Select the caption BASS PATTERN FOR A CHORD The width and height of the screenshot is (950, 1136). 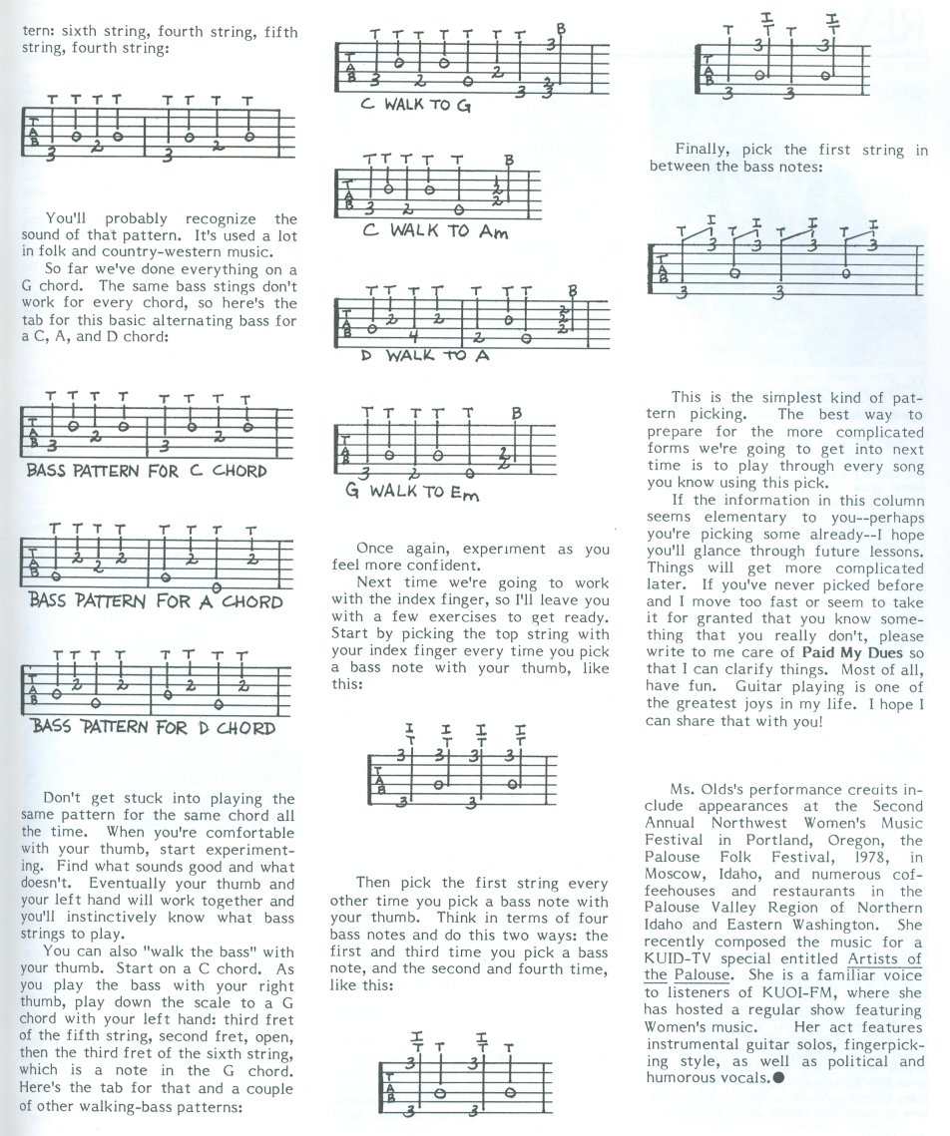point(156,601)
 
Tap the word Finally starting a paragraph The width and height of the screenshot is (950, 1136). point(704,150)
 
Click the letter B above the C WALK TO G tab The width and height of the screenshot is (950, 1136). point(561,30)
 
